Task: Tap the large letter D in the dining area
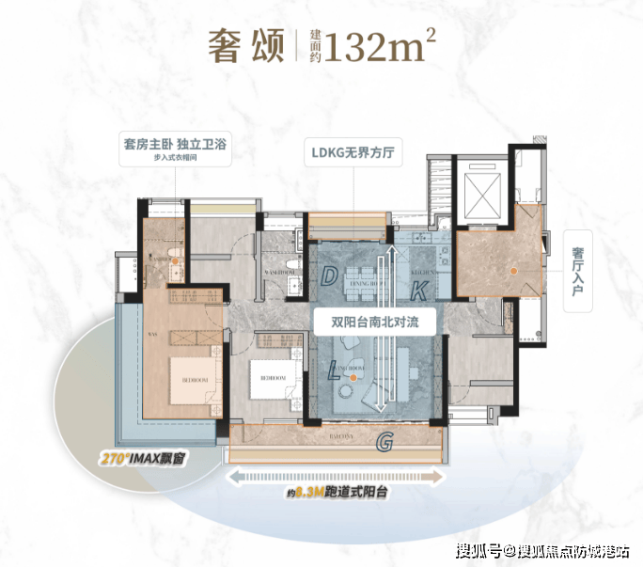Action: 330,276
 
